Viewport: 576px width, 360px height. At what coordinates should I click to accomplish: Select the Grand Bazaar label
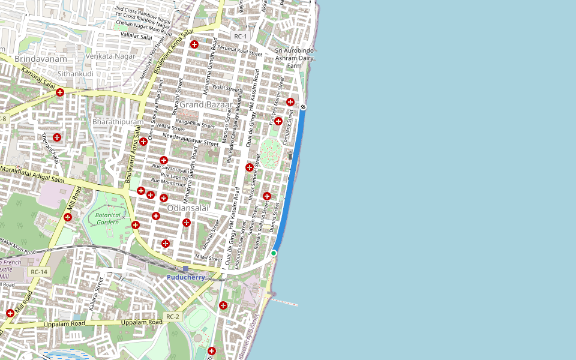tap(206, 105)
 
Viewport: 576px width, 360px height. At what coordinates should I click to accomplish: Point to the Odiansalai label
tap(188, 208)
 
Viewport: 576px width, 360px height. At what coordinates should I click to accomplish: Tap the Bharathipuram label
tap(118, 122)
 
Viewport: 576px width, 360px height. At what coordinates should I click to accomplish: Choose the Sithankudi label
tap(76, 74)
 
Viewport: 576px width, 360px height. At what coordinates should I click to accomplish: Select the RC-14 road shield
tap(39, 272)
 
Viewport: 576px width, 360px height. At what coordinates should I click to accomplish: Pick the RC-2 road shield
tap(173, 316)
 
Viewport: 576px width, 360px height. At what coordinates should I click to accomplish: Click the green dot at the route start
tap(274, 254)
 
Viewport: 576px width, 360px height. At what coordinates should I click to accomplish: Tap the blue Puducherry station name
tap(186, 277)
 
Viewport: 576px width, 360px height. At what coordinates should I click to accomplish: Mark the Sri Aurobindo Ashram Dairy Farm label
tap(295, 58)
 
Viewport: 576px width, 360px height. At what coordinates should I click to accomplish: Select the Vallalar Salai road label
tap(137, 37)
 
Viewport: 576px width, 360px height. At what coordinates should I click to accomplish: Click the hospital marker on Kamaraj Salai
tap(60, 92)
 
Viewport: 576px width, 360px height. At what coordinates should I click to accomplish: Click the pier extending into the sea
tap(285, 301)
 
